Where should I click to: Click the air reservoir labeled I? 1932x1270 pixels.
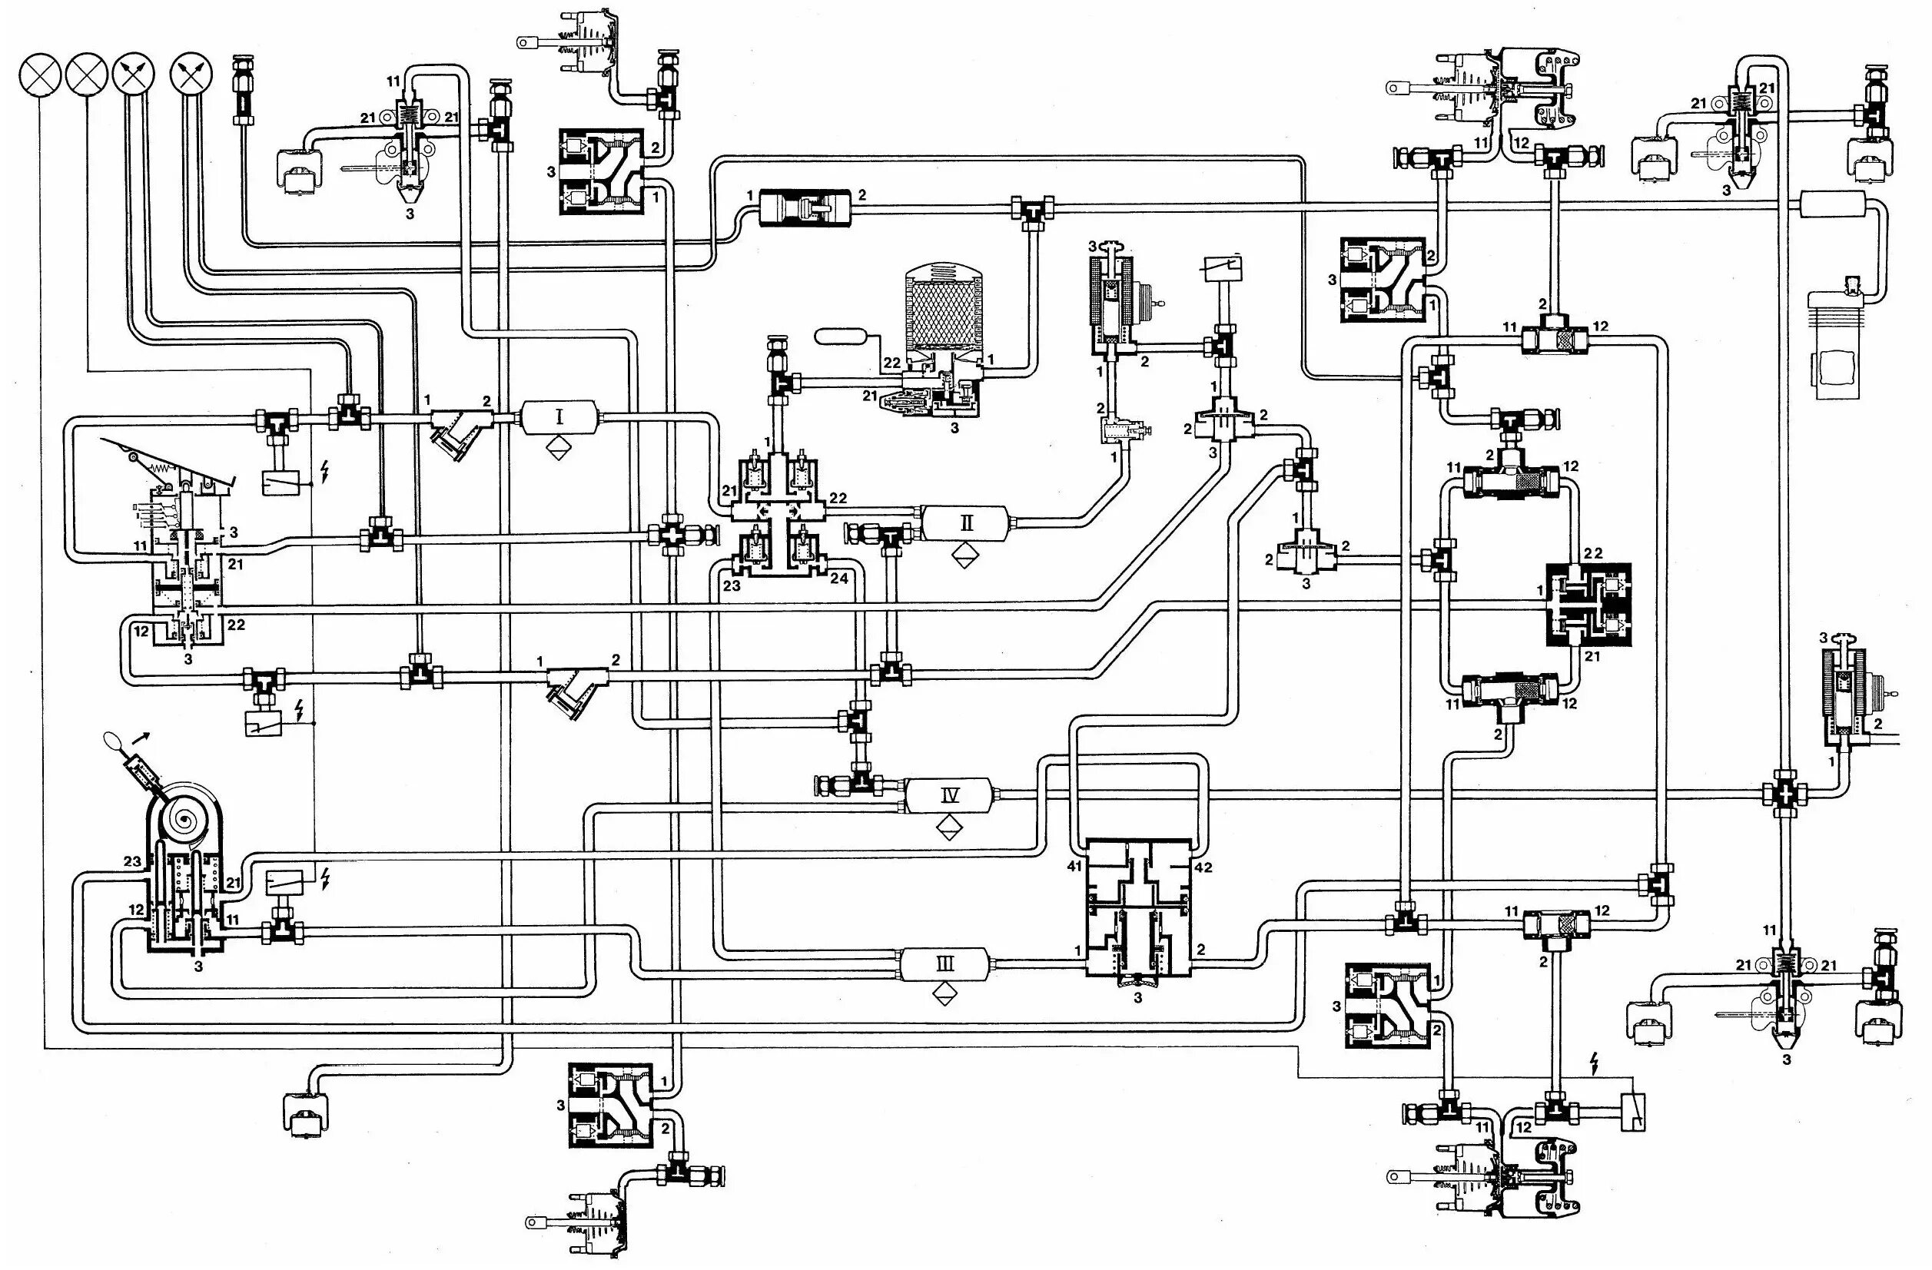coord(559,418)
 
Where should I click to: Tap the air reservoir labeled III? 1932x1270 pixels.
coord(946,964)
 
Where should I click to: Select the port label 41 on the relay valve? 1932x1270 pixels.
coord(1075,867)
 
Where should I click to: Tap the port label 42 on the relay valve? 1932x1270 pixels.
coord(1203,867)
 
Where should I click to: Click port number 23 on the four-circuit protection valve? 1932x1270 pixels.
coord(732,584)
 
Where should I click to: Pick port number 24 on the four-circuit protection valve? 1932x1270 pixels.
coord(839,579)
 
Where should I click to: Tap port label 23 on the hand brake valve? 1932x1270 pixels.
coord(133,862)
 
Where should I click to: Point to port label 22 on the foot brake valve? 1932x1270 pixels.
coord(236,624)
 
